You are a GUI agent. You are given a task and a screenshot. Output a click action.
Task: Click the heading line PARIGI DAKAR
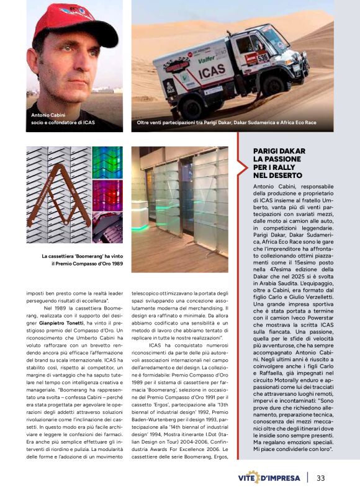point(279,151)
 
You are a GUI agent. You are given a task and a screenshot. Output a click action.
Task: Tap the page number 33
point(321,478)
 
